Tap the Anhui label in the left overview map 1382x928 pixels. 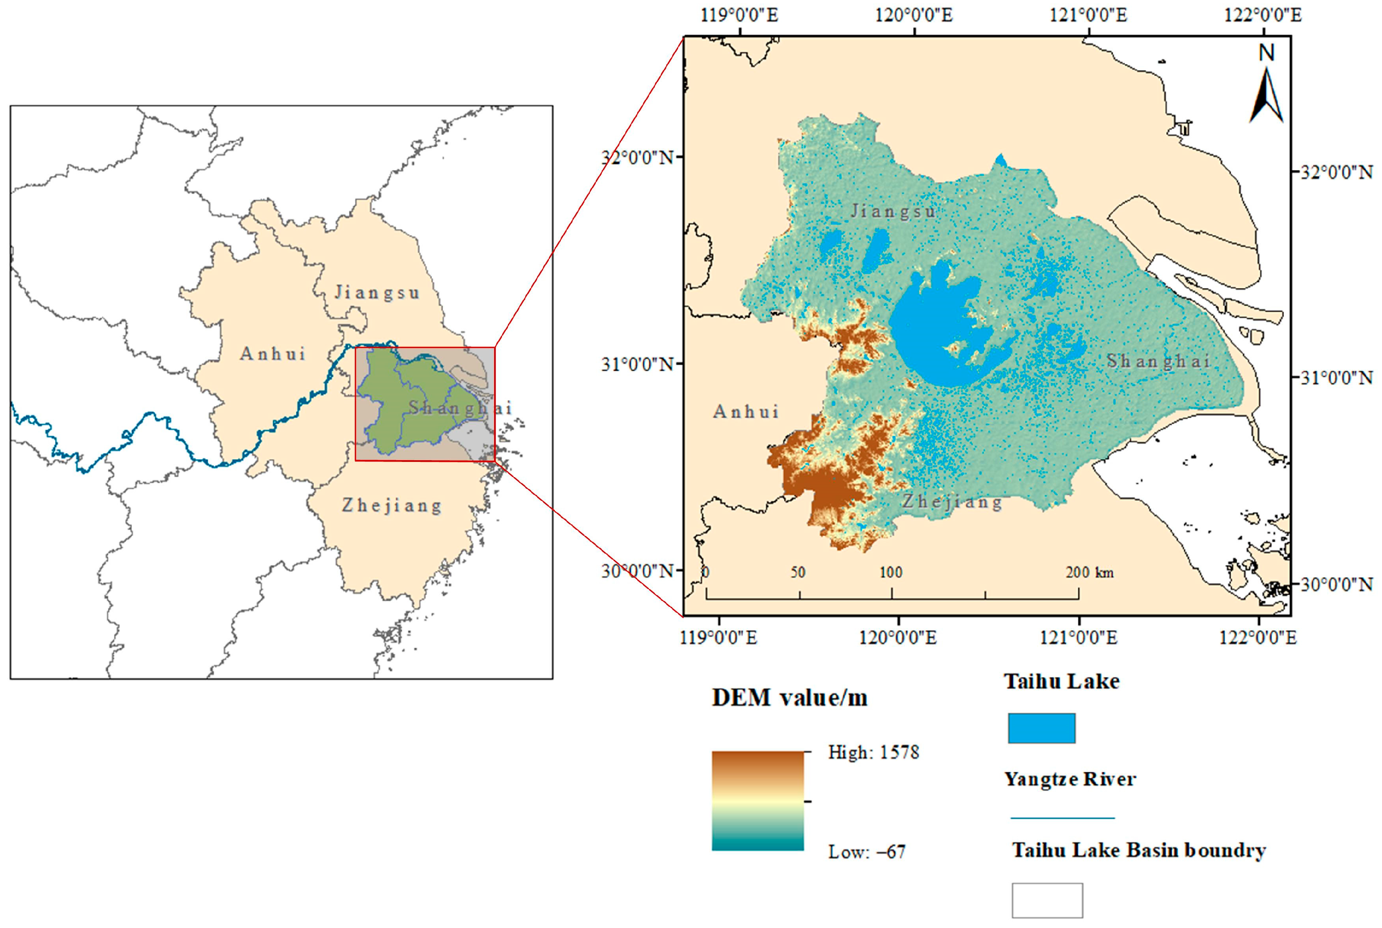tap(273, 354)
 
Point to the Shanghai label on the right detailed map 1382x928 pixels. tap(1158, 361)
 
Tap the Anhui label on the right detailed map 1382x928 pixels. tap(746, 411)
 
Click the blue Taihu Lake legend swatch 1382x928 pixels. tap(1041, 728)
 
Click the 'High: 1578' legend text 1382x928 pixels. tap(874, 752)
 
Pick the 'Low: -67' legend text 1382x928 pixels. tap(866, 852)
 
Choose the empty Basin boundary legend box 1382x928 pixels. tap(1047, 900)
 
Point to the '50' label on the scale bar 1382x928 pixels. tap(798, 572)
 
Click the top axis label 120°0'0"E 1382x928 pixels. tap(914, 15)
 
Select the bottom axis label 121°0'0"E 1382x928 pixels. tap(1079, 637)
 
